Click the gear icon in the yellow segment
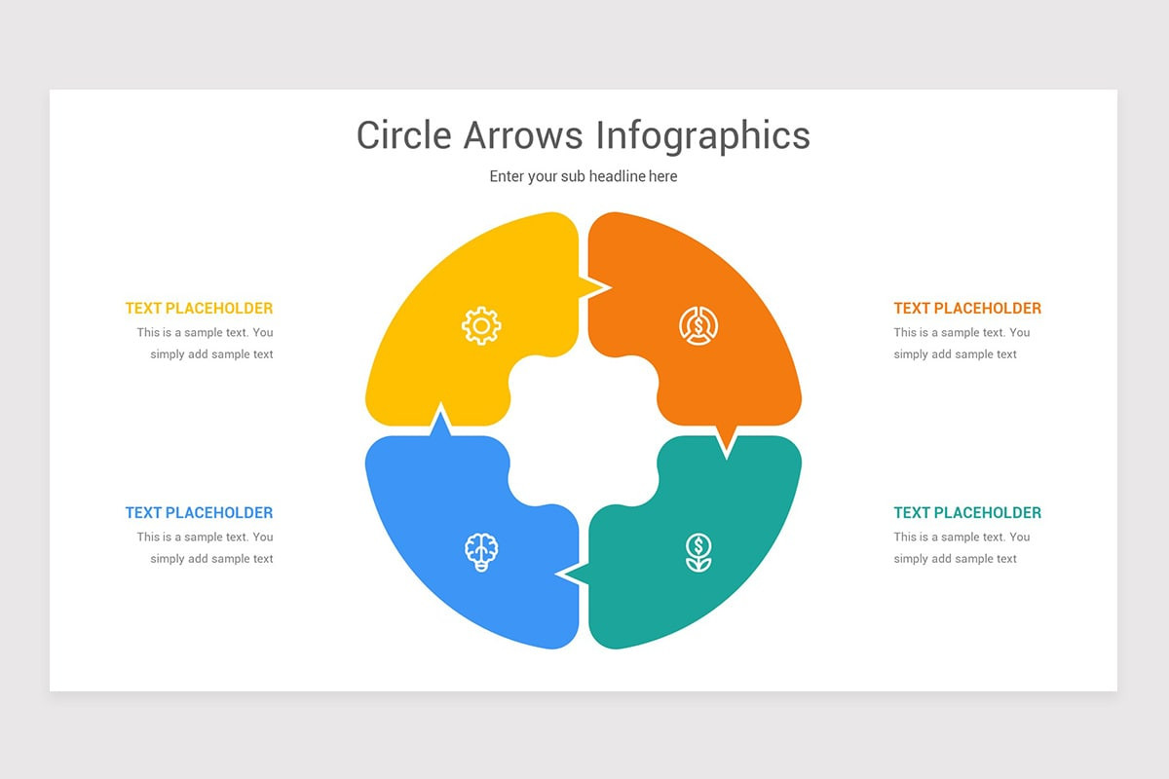(x=481, y=325)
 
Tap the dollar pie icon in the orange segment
(x=698, y=325)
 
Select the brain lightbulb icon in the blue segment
(x=481, y=552)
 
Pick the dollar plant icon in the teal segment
(x=698, y=552)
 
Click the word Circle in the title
(x=403, y=135)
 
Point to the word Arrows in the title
(x=522, y=135)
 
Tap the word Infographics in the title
(x=703, y=136)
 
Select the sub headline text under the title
(x=584, y=176)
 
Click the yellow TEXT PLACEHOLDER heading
(x=199, y=308)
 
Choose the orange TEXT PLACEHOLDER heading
(x=967, y=308)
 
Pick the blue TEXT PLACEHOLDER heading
(x=199, y=512)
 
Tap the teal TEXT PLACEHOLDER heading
(x=967, y=512)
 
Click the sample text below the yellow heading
(x=206, y=343)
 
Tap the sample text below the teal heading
(x=962, y=547)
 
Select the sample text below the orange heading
(x=962, y=343)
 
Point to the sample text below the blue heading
(x=206, y=547)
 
